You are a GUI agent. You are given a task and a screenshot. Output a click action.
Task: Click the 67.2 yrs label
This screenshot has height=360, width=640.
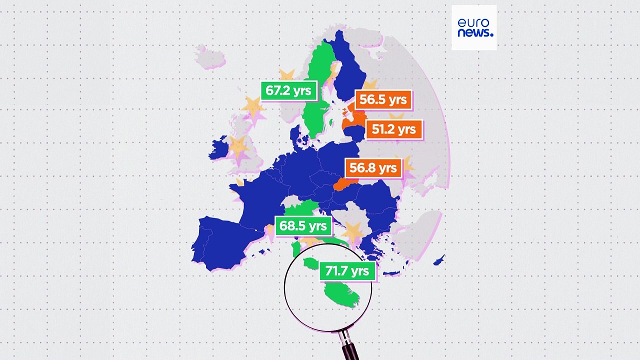point(289,90)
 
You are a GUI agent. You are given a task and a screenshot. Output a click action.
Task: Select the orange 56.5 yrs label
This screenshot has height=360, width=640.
point(383,99)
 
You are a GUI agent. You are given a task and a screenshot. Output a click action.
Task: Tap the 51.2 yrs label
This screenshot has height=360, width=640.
point(394,129)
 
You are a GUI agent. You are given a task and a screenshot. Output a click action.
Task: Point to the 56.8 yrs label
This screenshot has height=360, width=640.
point(373,167)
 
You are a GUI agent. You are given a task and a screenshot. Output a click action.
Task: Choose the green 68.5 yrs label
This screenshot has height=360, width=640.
point(303,226)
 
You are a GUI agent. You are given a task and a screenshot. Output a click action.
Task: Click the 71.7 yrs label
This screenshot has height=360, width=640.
point(346,271)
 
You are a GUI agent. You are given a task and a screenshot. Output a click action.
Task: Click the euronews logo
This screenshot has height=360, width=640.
point(474,27)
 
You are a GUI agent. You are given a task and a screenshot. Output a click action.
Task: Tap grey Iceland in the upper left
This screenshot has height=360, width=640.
point(210,56)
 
